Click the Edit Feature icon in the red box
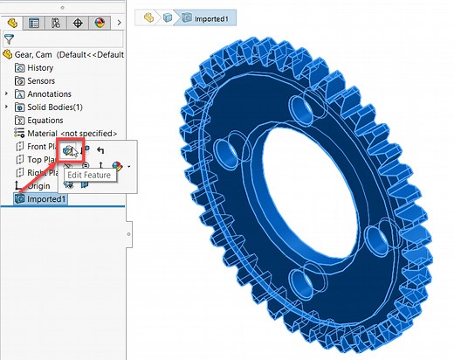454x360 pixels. click(71, 152)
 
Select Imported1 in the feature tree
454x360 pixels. click(46, 199)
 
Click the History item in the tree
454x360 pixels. click(39, 67)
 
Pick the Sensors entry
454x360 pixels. click(41, 80)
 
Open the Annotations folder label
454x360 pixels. click(50, 93)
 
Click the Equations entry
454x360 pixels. click(45, 120)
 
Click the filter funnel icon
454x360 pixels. click(10, 38)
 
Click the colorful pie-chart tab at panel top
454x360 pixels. click(99, 22)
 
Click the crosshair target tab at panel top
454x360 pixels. click(77, 22)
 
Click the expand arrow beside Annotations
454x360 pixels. click(7, 93)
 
